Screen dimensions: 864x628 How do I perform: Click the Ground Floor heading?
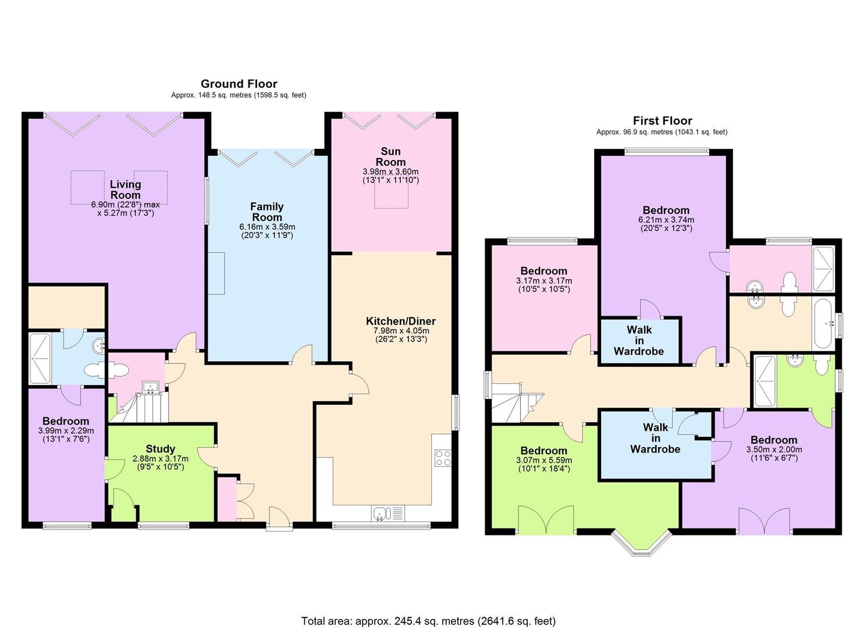pos(239,84)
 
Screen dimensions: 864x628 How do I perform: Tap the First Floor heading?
pos(662,121)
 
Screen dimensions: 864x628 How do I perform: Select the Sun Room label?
pos(390,156)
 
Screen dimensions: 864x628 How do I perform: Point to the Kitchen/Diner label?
pos(401,321)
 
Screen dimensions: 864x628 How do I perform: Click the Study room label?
pos(161,449)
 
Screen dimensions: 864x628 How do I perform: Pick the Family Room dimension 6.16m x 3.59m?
pos(267,227)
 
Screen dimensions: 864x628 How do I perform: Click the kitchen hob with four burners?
pos(443,458)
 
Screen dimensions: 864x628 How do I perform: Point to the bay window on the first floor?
pos(642,544)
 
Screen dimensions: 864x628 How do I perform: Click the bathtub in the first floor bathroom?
pos(823,323)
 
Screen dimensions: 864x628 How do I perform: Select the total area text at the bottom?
pos(429,600)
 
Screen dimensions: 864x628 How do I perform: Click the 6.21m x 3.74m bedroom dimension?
pos(666,220)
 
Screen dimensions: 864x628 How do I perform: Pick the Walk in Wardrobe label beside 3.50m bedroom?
pos(655,438)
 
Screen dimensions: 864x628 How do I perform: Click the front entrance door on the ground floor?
pos(279,519)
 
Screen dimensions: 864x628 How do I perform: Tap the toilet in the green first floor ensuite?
pos(822,364)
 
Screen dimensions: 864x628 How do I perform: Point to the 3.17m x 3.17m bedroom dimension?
pos(544,281)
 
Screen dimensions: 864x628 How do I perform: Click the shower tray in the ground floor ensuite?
pos(40,359)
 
